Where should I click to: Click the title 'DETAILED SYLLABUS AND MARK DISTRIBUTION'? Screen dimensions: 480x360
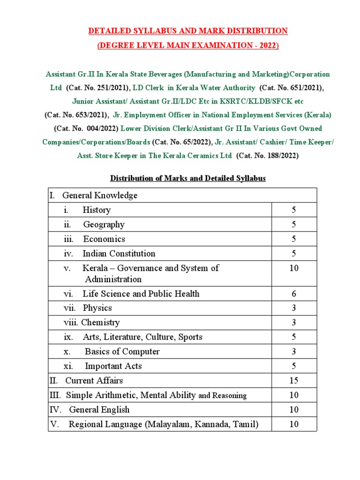(187, 31)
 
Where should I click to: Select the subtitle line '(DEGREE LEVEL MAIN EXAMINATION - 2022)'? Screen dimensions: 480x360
(187, 45)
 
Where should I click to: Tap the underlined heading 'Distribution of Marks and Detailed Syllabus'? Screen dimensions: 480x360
(187, 179)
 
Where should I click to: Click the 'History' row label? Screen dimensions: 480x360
(97, 210)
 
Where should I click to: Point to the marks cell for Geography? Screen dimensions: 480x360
(294, 225)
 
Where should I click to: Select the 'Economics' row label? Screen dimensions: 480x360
(104, 239)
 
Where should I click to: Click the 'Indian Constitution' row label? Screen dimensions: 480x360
(119, 254)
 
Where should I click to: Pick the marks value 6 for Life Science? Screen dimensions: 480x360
(294, 294)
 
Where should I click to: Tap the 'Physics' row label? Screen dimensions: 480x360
(97, 308)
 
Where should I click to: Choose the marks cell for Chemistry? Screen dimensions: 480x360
(294, 322)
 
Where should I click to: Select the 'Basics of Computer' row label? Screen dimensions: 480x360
(122, 352)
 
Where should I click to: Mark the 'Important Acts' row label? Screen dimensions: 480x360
(113, 366)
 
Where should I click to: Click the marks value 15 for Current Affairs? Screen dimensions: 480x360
(294, 381)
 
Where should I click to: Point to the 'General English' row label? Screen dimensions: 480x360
(99, 410)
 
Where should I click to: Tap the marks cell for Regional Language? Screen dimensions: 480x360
(294, 425)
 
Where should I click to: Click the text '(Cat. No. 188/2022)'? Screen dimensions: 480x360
(267, 155)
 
